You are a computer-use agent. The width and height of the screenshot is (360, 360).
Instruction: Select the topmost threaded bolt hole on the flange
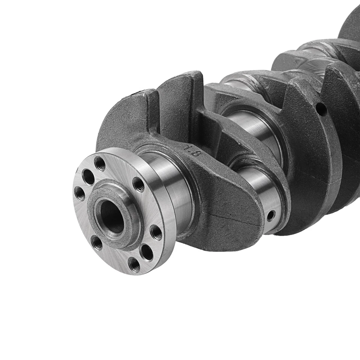point(100,163)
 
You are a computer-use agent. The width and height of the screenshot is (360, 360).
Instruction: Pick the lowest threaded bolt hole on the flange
point(134,264)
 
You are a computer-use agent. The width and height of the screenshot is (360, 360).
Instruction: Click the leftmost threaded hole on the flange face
point(79,193)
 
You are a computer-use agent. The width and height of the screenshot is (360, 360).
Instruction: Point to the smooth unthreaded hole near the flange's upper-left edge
point(88,177)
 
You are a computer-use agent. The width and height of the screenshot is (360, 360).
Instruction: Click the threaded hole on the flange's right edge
point(156,232)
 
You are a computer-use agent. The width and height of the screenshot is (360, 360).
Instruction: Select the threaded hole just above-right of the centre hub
point(138,184)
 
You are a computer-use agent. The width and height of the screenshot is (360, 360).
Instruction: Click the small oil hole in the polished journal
point(270,216)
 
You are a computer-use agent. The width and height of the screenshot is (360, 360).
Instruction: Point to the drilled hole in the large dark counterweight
point(321,109)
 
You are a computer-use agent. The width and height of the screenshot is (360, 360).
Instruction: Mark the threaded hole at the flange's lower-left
point(97,243)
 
